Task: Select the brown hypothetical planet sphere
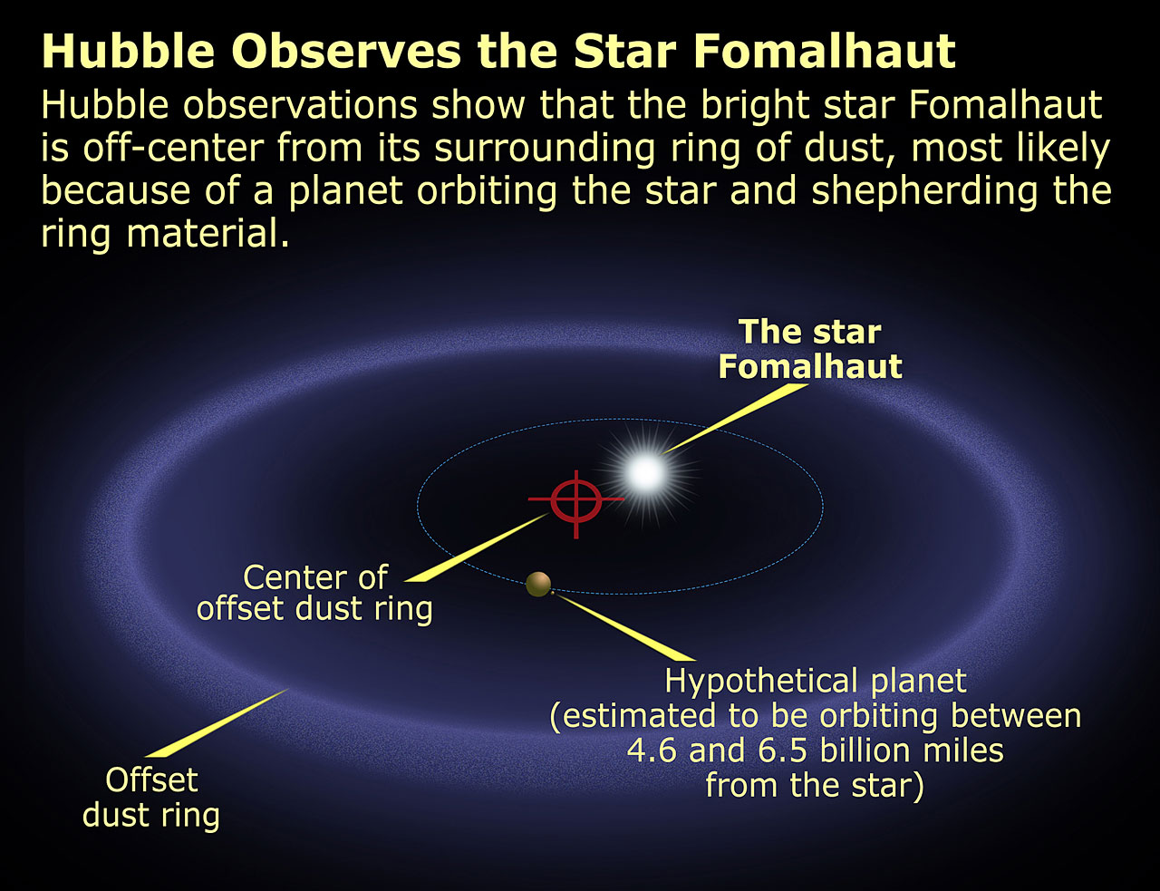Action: (x=538, y=585)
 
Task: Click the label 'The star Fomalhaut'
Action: (x=809, y=349)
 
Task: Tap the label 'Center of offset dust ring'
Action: (x=314, y=592)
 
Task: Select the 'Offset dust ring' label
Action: (x=151, y=797)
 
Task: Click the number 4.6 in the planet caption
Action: (x=651, y=751)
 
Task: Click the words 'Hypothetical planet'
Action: (x=816, y=681)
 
